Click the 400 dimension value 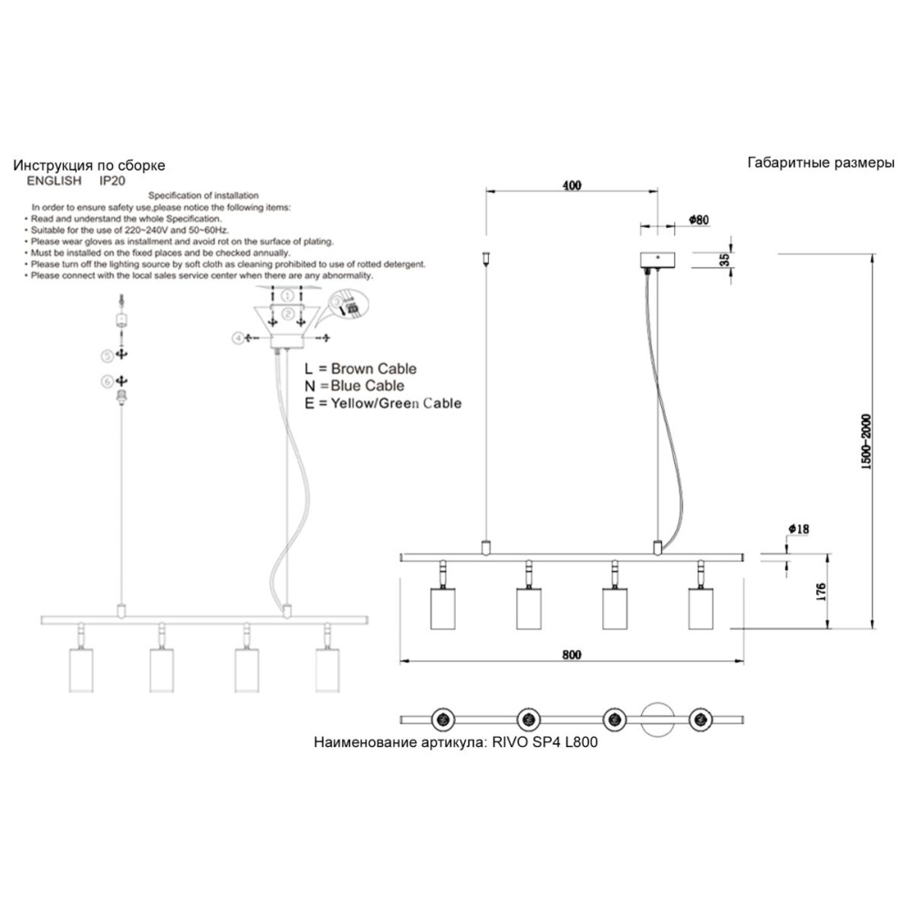[571, 186]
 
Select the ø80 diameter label [700, 220]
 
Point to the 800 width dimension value [572, 655]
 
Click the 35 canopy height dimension [724, 260]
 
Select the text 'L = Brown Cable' [361, 369]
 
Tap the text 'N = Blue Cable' [356, 386]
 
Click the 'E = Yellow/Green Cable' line [384, 403]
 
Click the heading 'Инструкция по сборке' [89, 166]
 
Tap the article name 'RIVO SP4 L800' [544, 742]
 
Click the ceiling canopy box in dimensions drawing [656, 259]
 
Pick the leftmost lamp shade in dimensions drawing [443, 608]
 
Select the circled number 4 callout [239, 337]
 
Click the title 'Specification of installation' [203, 196]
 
